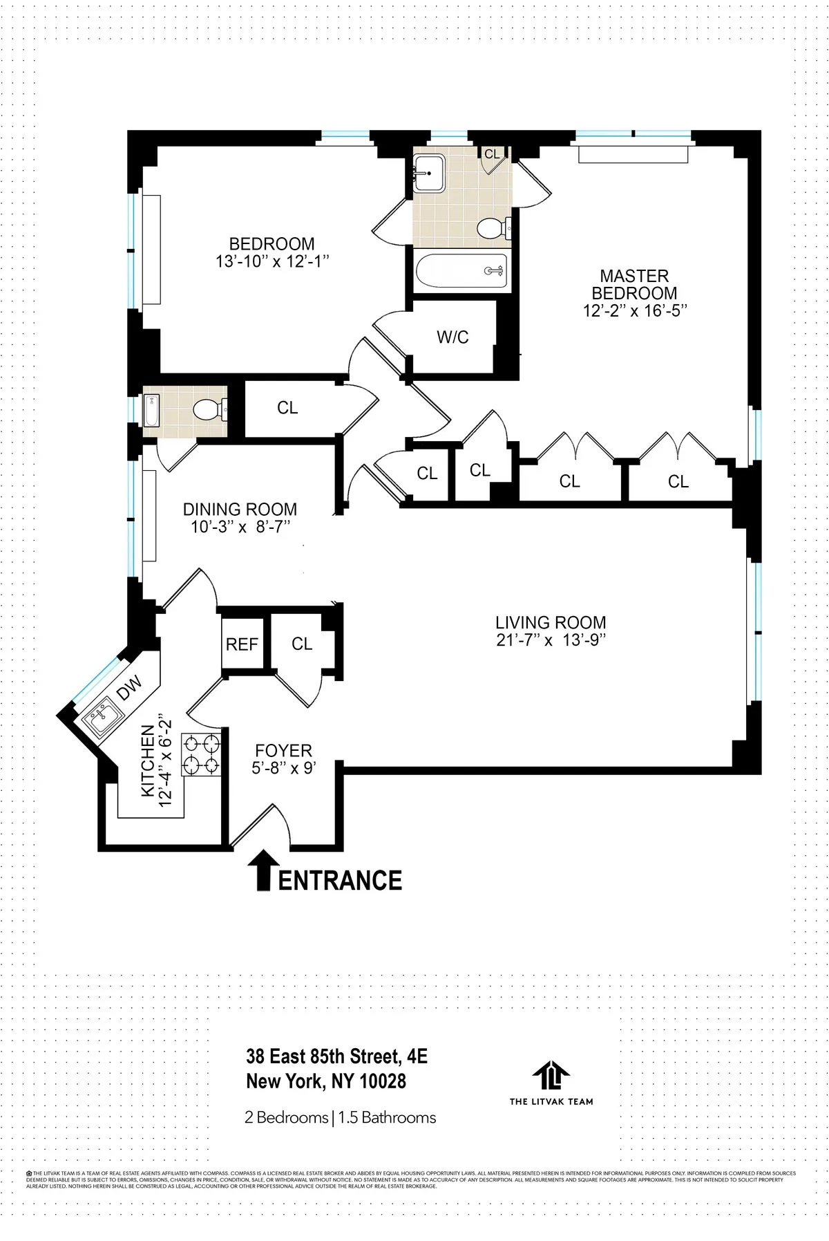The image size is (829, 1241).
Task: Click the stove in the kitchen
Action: pyautogui.click(x=201, y=755)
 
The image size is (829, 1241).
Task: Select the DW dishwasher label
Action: pyautogui.click(x=129, y=687)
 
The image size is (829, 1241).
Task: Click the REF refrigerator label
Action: pyautogui.click(x=242, y=644)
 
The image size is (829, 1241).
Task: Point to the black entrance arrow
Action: pyautogui.click(x=263, y=870)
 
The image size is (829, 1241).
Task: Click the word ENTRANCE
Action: pyautogui.click(x=340, y=881)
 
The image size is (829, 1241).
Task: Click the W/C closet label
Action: pyautogui.click(x=452, y=337)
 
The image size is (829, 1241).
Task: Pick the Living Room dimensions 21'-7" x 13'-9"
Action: pyautogui.click(x=551, y=640)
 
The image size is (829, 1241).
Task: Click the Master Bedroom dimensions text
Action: pyautogui.click(x=634, y=311)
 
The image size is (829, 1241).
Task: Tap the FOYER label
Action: pyautogui.click(x=283, y=751)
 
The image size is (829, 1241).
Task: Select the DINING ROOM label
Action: pyautogui.click(x=240, y=510)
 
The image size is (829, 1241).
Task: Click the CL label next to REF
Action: pyautogui.click(x=302, y=644)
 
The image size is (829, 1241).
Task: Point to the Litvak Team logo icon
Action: pyautogui.click(x=551, y=1076)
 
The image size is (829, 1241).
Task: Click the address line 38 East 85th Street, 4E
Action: pyautogui.click(x=336, y=1056)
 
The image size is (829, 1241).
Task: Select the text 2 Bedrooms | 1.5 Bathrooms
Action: pyautogui.click(x=340, y=1117)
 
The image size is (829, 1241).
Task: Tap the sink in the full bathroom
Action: pyautogui.click(x=430, y=171)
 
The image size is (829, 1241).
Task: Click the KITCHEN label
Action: pyautogui.click(x=148, y=761)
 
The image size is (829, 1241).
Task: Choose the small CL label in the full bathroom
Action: pyautogui.click(x=492, y=154)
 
